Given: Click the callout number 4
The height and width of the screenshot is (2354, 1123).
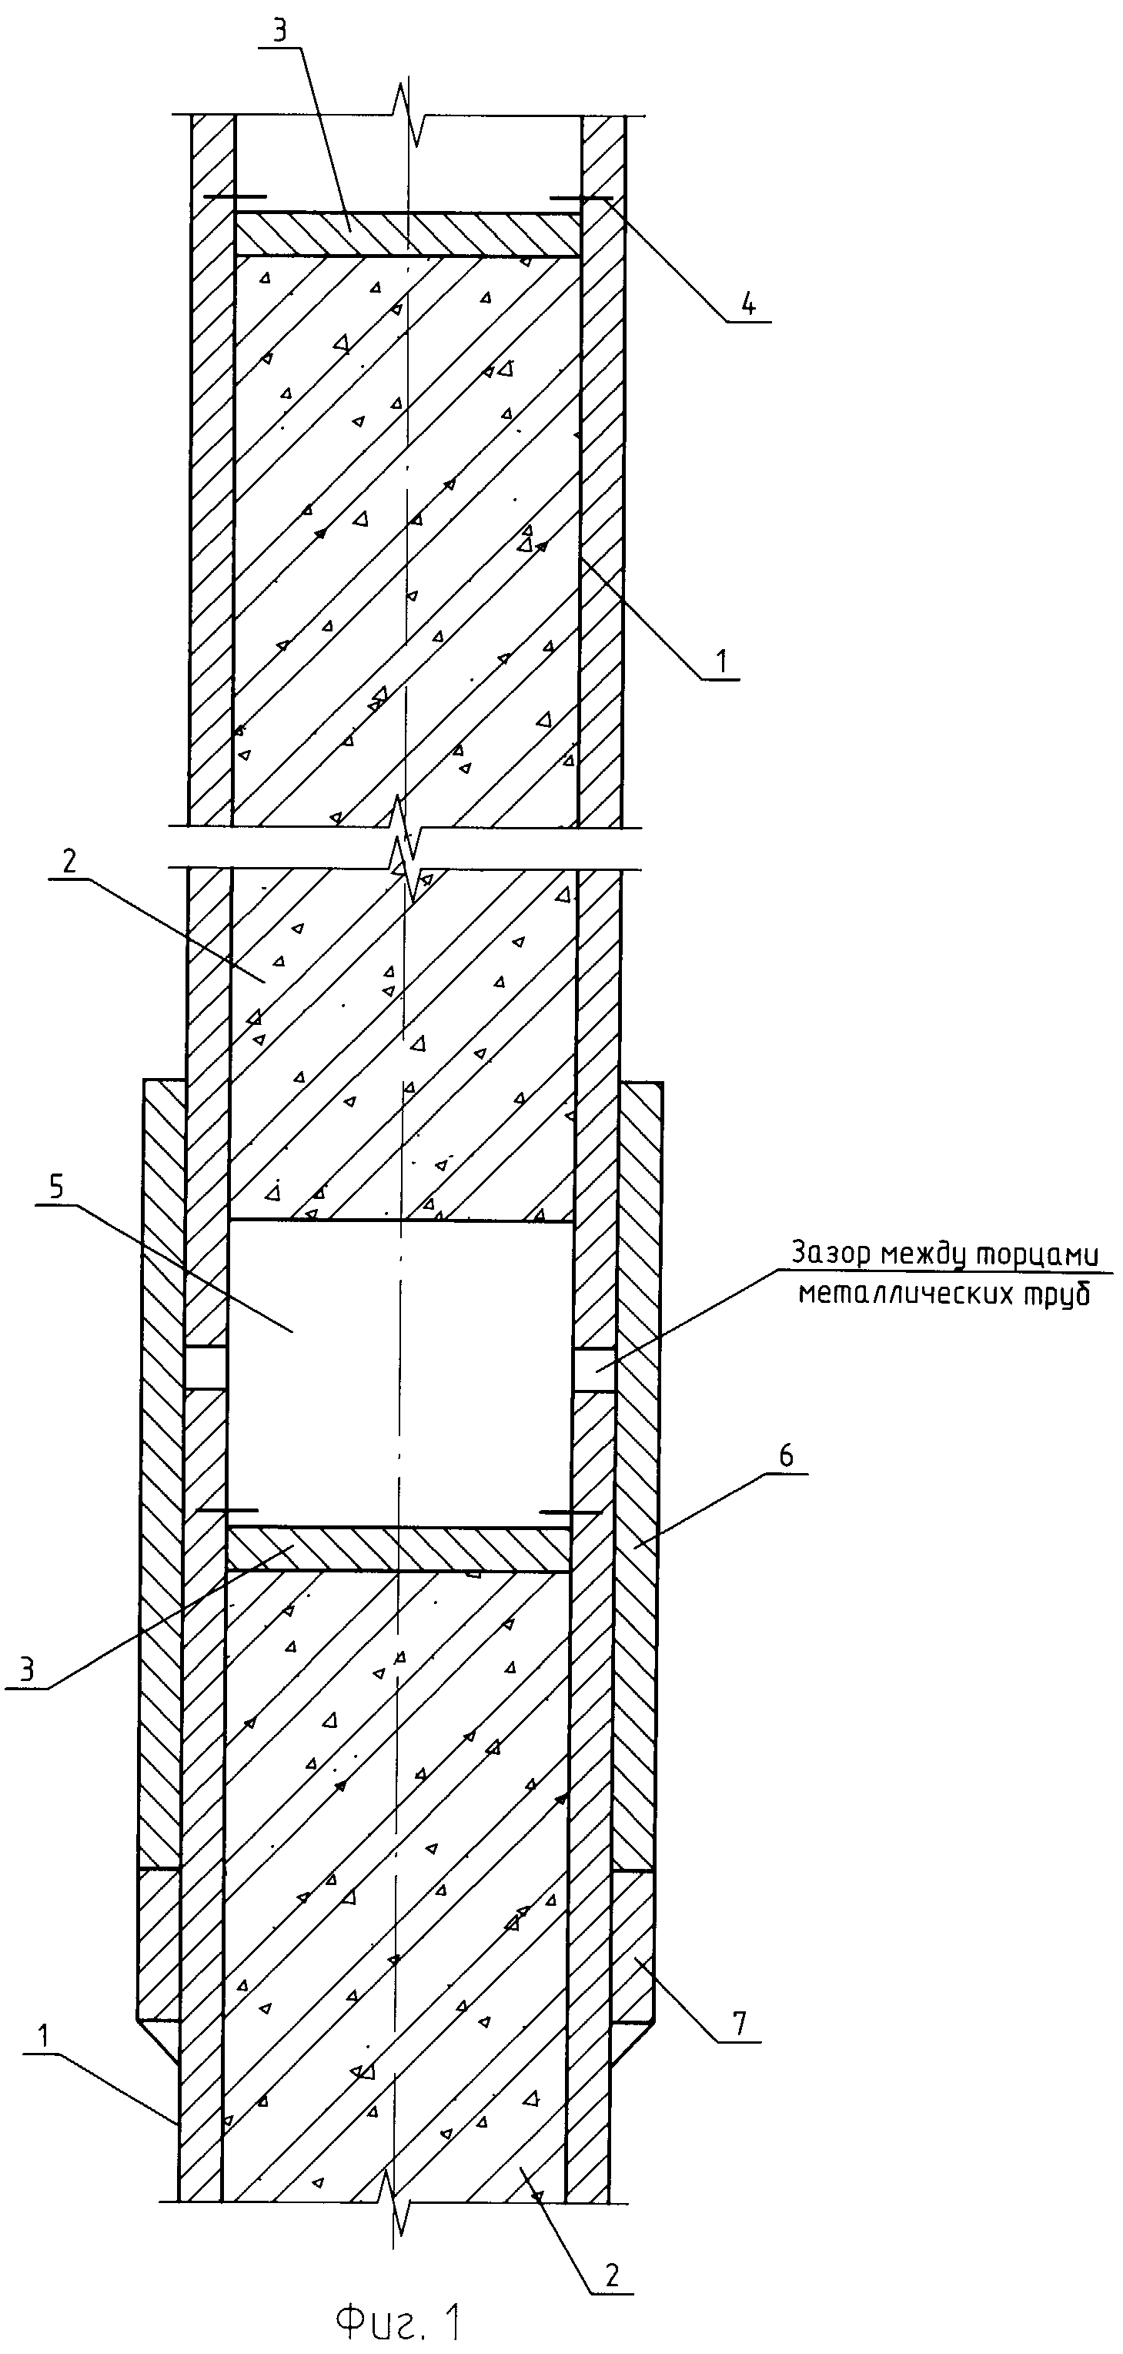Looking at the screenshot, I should click(748, 305).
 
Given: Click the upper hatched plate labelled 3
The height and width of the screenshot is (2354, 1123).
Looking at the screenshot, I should click(407, 234).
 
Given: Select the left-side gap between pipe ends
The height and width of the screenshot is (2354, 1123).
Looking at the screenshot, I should click(207, 1369).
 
